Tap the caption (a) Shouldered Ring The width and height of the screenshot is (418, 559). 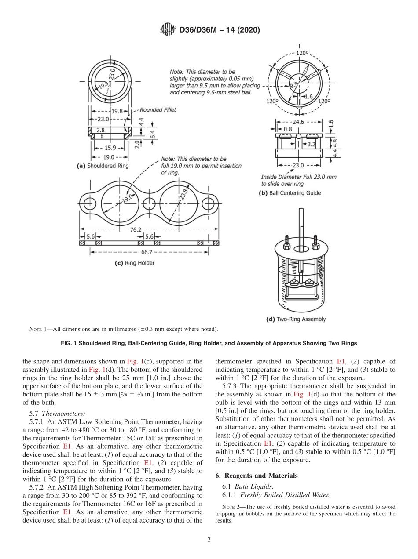[103, 166]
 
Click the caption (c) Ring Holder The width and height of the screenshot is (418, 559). [135, 263]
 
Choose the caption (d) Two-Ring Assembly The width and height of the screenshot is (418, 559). [296, 319]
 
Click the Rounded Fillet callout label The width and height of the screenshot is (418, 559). [158, 110]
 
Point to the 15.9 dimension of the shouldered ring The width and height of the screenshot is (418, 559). [110, 148]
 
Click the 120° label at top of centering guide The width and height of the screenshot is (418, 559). [301, 53]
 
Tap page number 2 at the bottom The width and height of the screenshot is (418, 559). [209, 540]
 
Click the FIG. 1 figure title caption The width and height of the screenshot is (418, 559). [209, 343]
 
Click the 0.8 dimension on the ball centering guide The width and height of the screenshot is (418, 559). [287, 129]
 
